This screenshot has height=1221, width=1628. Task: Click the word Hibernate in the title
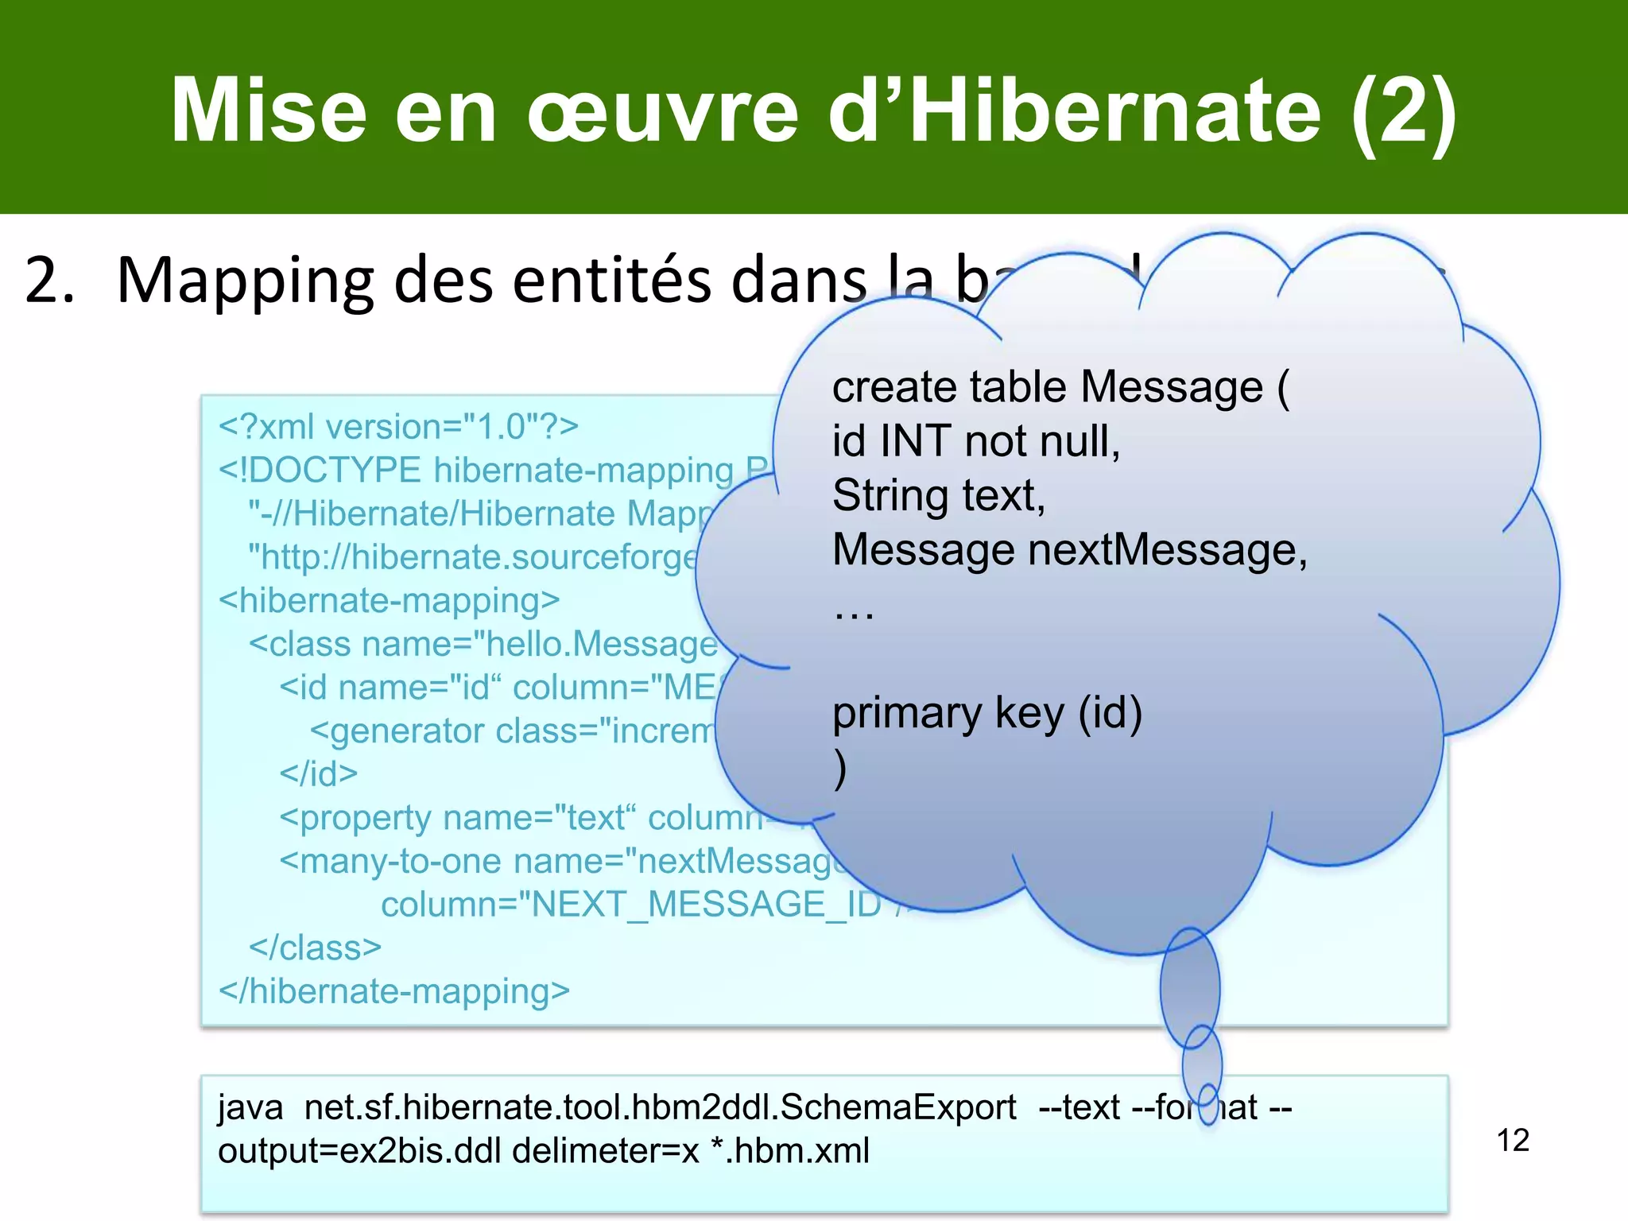(x=1116, y=111)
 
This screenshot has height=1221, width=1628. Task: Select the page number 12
(x=1513, y=1140)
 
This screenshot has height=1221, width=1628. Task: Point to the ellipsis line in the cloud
(x=853, y=610)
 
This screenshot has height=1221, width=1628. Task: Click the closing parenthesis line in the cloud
(x=840, y=768)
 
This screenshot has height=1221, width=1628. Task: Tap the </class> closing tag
(x=315, y=948)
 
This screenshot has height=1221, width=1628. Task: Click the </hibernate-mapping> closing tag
(x=394, y=991)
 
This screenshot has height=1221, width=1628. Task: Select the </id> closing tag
(x=318, y=773)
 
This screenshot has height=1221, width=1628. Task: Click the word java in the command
(x=250, y=1107)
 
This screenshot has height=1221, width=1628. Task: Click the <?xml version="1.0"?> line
(x=398, y=427)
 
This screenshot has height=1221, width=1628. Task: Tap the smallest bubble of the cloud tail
(x=1207, y=1104)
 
